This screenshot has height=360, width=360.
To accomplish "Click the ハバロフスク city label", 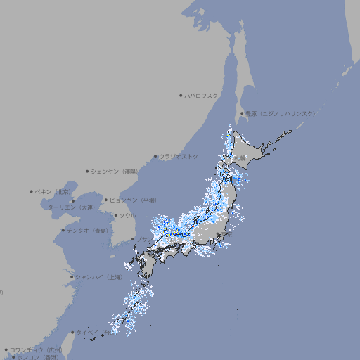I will coord(202,95).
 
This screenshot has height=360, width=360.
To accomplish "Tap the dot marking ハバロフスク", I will coord(181,95).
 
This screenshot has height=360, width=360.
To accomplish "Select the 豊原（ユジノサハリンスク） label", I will coord(281,113).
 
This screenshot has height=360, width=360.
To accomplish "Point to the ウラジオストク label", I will coord(179,156).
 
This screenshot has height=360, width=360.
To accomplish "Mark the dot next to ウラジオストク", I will coord(156,157).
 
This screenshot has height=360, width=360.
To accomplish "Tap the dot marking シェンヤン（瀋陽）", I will coord(88,171).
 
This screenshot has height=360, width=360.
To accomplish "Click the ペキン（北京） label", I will coord(53,191).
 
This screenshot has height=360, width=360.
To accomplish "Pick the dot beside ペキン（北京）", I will coord(32,191).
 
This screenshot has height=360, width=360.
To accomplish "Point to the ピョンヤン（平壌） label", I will coord(134,200).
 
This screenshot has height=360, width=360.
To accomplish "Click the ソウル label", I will coord(127,215).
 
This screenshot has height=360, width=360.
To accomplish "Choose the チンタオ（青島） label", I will coord(88,230).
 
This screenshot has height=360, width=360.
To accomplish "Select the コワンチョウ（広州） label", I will coord(36,349).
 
